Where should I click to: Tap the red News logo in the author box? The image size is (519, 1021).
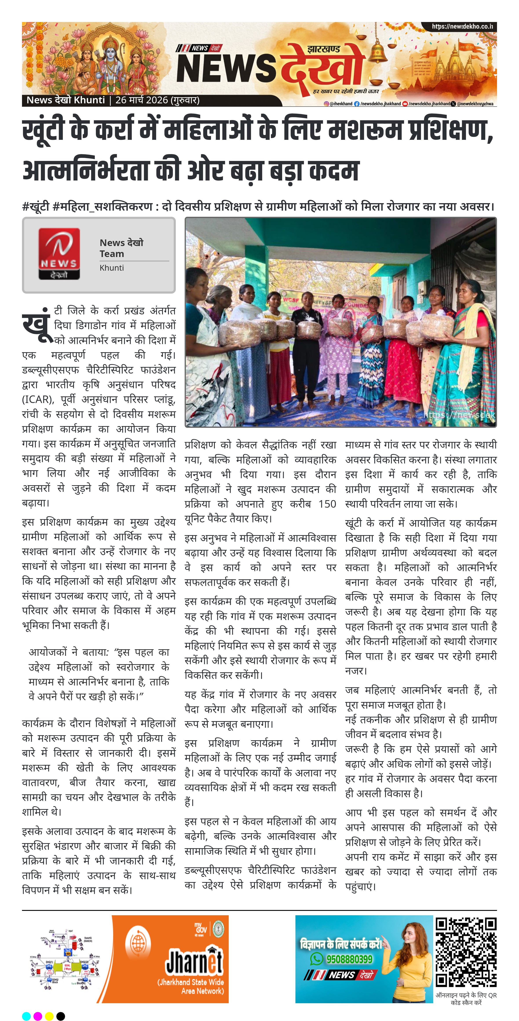tap(59, 254)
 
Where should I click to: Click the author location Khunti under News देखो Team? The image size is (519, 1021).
tap(112, 268)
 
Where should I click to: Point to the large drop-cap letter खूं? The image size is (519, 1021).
tap(37, 325)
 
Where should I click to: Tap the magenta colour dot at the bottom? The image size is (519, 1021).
tap(38, 1016)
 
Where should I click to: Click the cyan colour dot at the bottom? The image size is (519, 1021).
tap(26, 1016)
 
